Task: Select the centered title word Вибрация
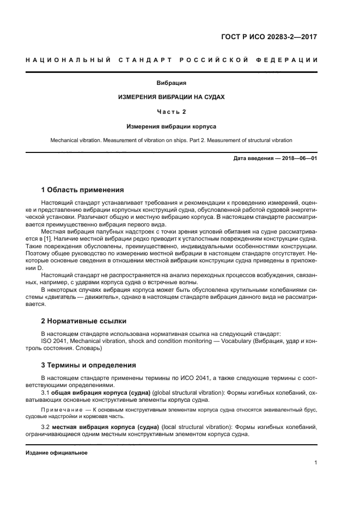click(x=172, y=83)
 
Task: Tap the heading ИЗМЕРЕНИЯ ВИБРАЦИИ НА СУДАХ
click(x=172, y=97)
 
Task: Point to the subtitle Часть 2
click(x=172, y=112)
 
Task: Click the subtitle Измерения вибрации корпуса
click(x=172, y=126)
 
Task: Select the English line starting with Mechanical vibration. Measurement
click(x=172, y=140)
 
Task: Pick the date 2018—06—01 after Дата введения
click(x=300, y=158)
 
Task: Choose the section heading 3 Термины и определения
click(x=89, y=365)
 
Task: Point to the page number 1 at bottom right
click(x=315, y=463)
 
